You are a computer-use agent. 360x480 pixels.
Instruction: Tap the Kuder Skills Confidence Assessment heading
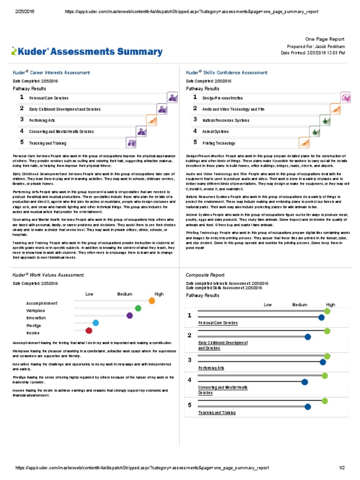227,73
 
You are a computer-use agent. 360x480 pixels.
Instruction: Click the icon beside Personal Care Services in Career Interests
172,97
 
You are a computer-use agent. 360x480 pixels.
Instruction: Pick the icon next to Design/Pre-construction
346,97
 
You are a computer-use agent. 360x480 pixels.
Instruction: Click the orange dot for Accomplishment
151,300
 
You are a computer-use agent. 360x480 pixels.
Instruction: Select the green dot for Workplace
138,308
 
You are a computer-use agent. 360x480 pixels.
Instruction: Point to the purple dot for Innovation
130,315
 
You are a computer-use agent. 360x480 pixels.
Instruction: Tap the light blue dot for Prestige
96,322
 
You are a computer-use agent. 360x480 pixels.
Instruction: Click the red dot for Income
89,330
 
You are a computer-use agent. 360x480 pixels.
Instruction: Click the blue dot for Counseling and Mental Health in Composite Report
305,382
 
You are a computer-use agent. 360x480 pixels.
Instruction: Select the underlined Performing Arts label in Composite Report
211,368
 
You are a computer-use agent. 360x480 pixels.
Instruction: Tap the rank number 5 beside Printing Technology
195,142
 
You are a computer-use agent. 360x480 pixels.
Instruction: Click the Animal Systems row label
216,132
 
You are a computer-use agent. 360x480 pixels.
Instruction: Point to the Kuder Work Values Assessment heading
48,275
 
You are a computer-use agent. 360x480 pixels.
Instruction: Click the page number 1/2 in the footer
342,468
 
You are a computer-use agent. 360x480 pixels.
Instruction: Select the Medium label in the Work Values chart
125,294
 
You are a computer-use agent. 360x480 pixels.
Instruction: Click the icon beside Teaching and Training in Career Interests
131,142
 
